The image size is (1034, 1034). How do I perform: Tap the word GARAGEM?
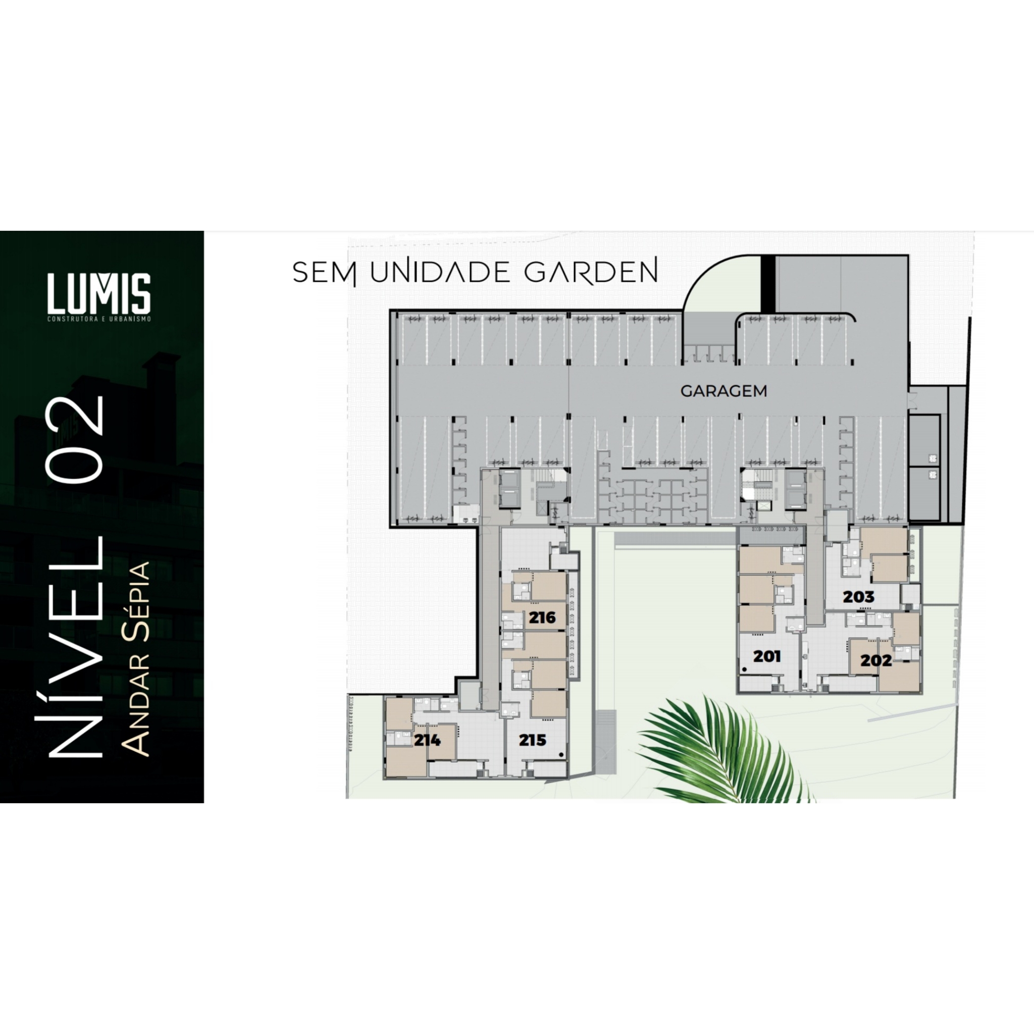(723, 391)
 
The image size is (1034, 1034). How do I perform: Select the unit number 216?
(542, 617)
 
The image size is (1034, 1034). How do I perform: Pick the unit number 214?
(427, 740)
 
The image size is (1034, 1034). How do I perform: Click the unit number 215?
(533, 740)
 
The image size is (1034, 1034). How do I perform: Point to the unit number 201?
(767, 656)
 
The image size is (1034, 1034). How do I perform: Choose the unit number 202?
(876, 661)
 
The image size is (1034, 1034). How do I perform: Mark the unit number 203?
(858, 597)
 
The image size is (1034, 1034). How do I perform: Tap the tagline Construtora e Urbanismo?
(99, 319)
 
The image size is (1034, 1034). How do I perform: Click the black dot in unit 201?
(745, 669)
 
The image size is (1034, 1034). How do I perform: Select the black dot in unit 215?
(560, 755)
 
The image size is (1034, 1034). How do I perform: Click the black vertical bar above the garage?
(768, 284)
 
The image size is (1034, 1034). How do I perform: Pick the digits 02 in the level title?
(75, 439)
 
